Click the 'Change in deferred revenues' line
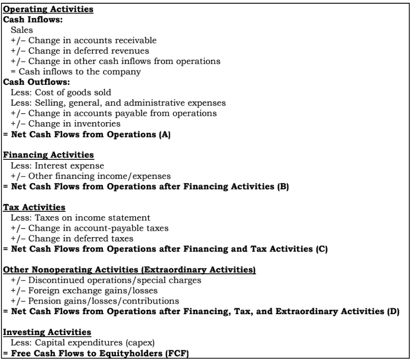[80, 51]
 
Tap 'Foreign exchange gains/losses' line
[88, 290]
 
